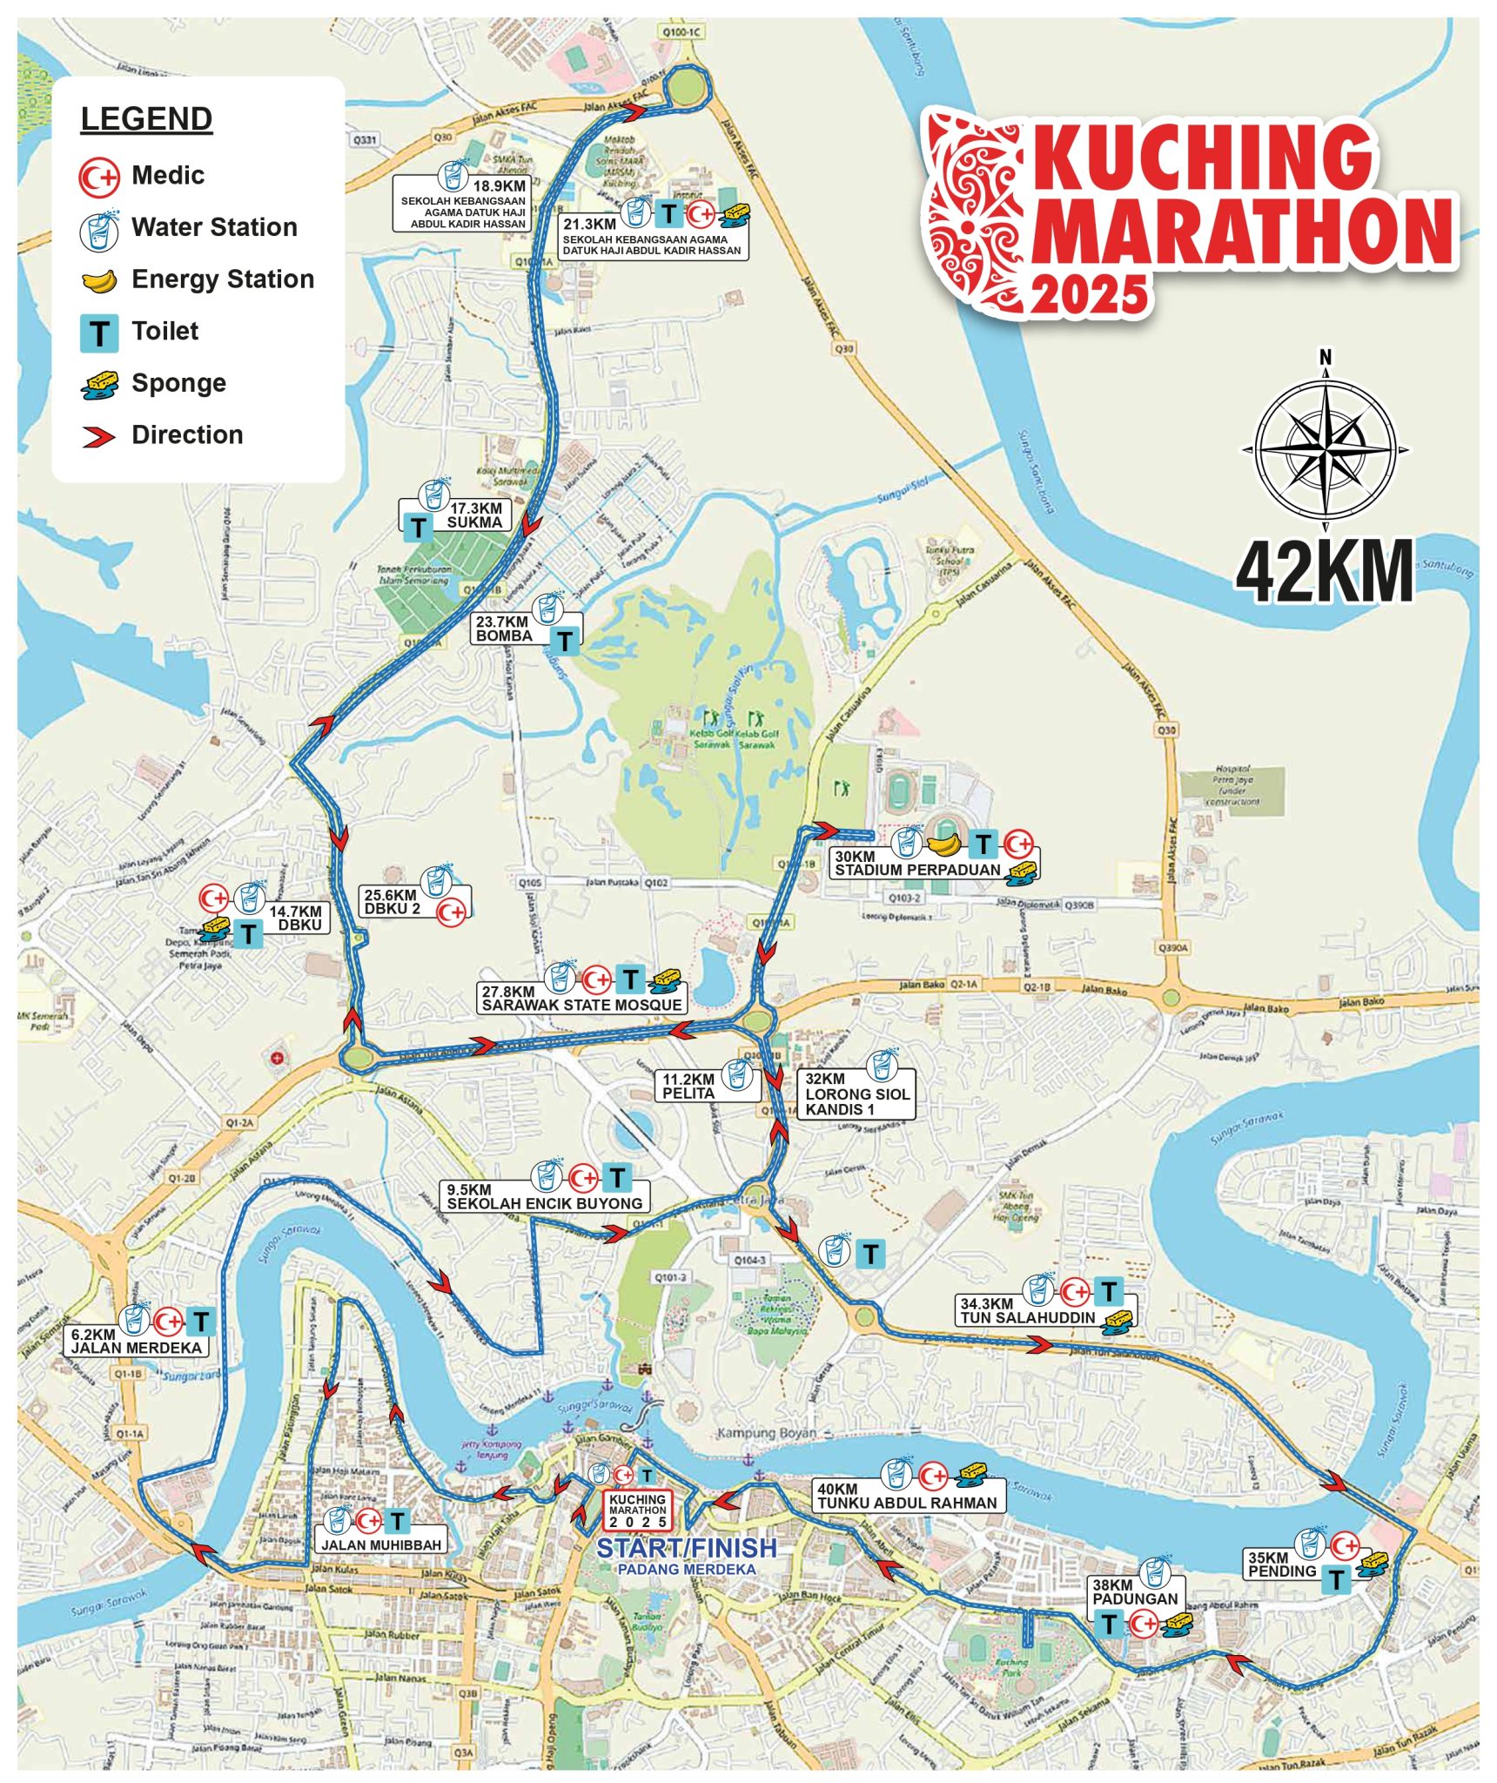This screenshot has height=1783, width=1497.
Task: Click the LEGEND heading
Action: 146,119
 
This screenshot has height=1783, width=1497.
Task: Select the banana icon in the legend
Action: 99,280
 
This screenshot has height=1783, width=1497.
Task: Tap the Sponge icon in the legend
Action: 99,384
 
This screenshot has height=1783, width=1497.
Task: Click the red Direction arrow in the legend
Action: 99,436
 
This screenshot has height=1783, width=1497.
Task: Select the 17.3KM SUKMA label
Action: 474,515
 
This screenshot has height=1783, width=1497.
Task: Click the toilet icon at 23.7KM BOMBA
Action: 566,642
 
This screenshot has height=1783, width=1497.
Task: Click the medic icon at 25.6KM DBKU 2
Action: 451,912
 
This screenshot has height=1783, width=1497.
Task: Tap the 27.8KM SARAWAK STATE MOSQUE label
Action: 581,998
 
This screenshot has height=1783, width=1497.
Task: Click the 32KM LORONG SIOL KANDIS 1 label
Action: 856,1094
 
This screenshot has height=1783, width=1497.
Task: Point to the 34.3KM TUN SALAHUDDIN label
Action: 1027,1311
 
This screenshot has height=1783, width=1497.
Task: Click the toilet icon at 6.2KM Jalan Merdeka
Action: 201,1322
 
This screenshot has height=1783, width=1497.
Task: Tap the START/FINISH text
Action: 686,1548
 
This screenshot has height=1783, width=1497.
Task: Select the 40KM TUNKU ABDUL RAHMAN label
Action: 906,1496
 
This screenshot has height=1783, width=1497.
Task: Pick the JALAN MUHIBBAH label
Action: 382,1545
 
